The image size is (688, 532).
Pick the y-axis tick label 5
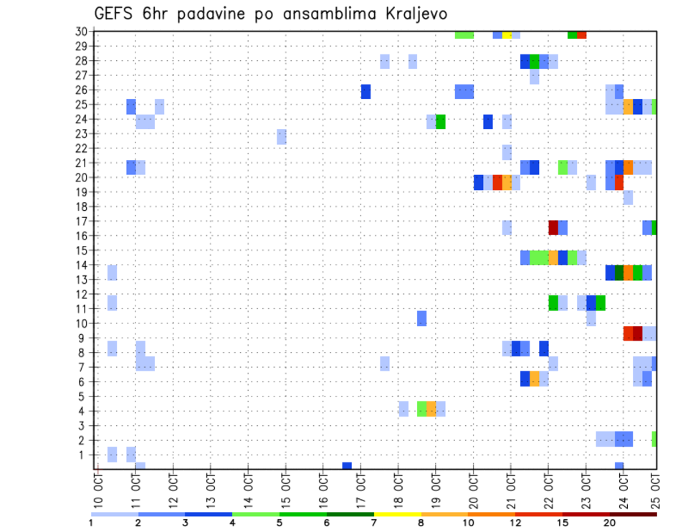(x=84, y=396)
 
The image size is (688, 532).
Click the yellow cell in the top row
(x=507, y=34)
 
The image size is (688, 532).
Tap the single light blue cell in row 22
(x=507, y=151)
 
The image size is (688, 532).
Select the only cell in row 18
(x=628, y=197)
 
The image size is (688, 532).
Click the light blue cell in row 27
(x=535, y=76)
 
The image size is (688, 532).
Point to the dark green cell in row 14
(x=618, y=272)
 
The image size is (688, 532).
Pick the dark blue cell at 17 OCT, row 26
(x=365, y=91)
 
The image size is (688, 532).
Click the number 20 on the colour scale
(x=610, y=522)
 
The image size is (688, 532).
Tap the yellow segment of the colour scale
(x=397, y=514)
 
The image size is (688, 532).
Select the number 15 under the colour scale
(x=563, y=522)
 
